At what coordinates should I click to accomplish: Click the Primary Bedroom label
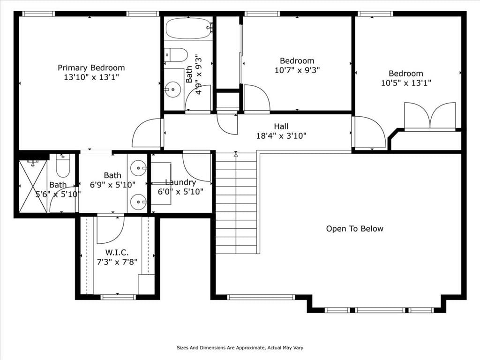[x=91, y=67]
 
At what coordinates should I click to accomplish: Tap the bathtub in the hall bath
[x=189, y=28]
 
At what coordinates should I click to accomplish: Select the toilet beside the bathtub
[x=176, y=55]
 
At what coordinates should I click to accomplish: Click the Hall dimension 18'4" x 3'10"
[x=281, y=135]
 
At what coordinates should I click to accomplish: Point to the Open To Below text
[x=354, y=229]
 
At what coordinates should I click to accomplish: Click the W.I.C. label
[x=117, y=253]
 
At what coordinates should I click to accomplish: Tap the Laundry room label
[x=180, y=182]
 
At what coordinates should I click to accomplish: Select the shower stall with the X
[x=33, y=187]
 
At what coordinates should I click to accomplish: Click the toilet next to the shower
[x=63, y=165]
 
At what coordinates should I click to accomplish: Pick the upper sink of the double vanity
[x=138, y=168]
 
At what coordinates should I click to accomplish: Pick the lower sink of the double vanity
[x=138, y=202]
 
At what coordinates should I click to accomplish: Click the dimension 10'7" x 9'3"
[x=297, y=70]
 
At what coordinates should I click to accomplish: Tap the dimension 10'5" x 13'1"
[x=406, y=83]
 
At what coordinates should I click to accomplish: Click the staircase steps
[x=236, y=203]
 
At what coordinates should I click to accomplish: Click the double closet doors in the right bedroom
[x=430, y=116]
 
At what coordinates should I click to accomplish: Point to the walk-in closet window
[x=118, y=297]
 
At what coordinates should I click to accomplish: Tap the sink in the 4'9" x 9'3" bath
[x=173, y=90]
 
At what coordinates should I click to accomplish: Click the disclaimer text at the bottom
[x=240, y=348]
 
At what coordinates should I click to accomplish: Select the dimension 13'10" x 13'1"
[x=91, y=77]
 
